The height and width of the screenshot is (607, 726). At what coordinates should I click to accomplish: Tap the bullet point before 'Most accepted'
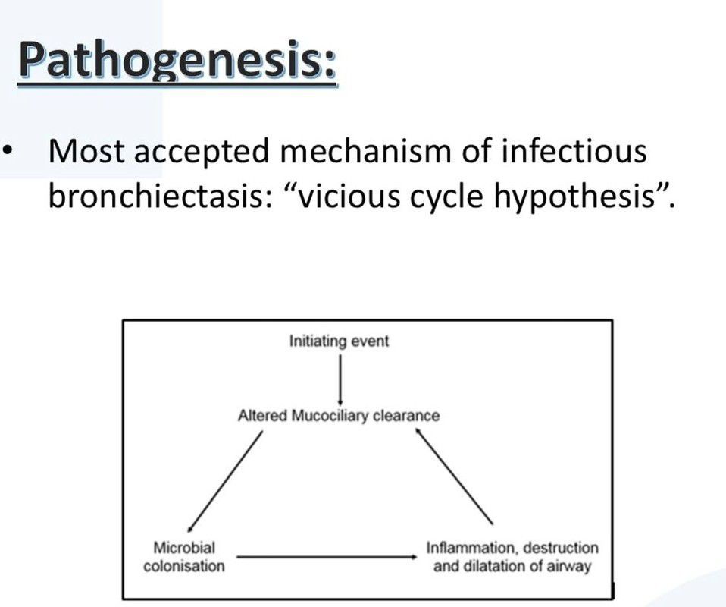coord(8,151)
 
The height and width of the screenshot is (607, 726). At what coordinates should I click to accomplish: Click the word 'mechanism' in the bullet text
coord(365,151)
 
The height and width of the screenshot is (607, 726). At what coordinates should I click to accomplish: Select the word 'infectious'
coord(574,151)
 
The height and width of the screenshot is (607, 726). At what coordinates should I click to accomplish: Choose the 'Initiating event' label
coord(339,341)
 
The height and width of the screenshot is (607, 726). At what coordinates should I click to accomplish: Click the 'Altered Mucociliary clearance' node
coord(339,416)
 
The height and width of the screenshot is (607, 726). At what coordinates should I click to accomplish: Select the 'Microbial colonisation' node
coord(184,557)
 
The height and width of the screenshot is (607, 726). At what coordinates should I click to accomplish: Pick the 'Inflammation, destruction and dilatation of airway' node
coord(512,557)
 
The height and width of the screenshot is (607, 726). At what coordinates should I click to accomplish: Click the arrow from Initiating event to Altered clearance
coord(341,379)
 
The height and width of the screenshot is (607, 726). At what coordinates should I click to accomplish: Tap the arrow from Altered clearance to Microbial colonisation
coord(225,481)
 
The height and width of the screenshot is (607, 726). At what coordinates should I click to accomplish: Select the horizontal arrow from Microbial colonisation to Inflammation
coord(327,556)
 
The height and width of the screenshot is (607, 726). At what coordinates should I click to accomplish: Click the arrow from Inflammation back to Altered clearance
coord(454,476)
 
